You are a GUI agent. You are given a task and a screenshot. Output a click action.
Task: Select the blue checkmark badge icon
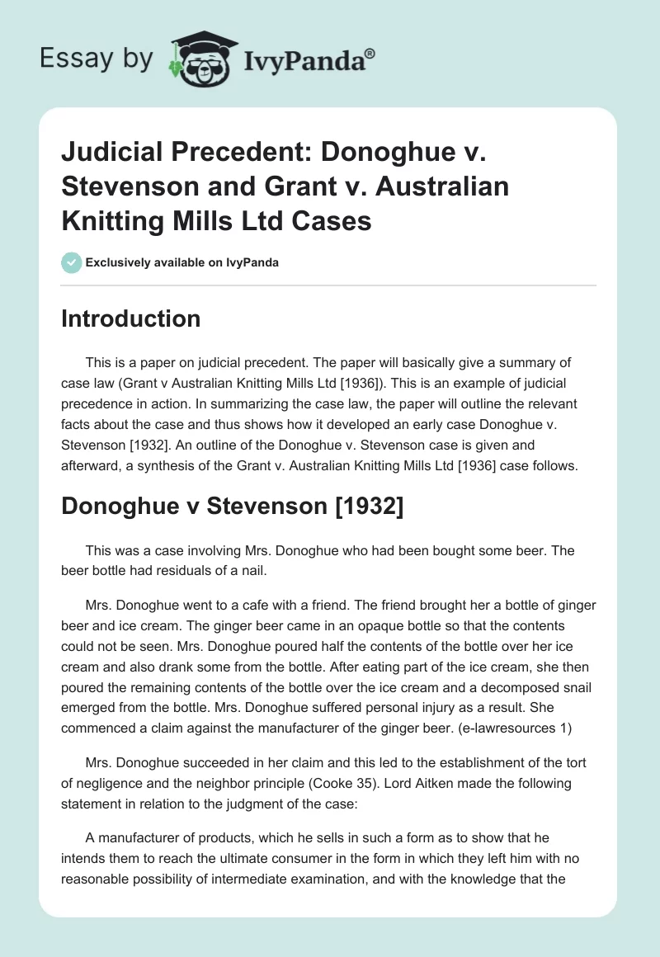tap(71, 263)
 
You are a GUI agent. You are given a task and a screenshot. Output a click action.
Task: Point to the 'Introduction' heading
tap(130, 318)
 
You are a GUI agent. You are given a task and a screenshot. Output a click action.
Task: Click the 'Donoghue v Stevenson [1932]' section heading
tap(232, 508)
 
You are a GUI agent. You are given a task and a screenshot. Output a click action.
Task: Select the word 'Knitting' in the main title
tap(124, 221)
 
